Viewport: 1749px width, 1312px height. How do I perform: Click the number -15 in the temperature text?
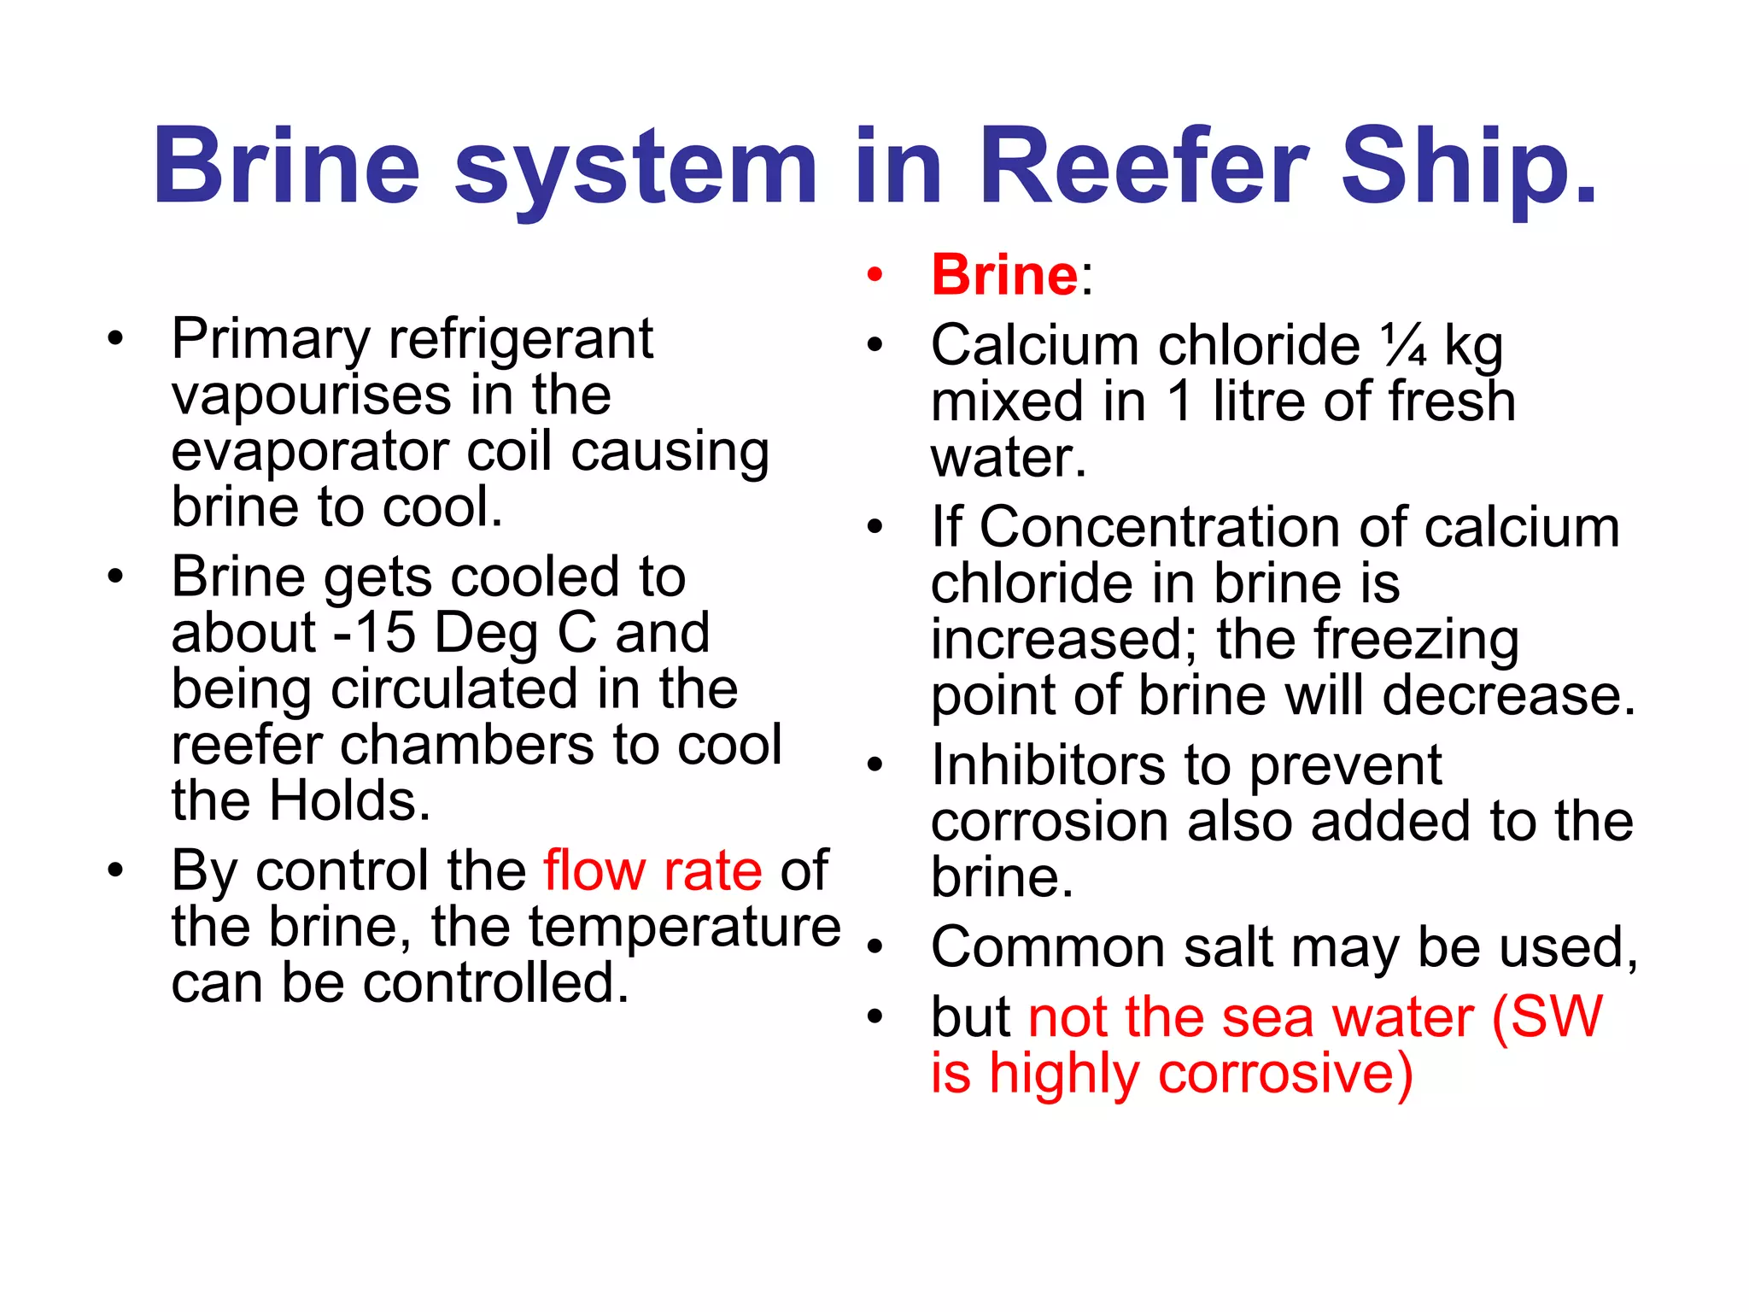click(374, 633)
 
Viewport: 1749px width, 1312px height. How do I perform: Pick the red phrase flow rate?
click(652, 870)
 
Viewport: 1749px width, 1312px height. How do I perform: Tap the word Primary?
click(271, 339)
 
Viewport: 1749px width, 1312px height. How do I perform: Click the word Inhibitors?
click(1047, 764)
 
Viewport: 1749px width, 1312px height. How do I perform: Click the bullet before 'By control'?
click(115, 870)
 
